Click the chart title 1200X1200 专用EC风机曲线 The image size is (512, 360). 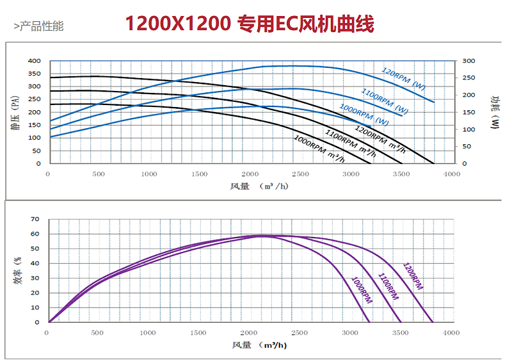pyautogui.click(x=250, y=24)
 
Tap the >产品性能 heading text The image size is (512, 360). pyautogui.click(x=38, y=26)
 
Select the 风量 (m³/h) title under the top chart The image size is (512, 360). pyautogui.click(x=259, y=186)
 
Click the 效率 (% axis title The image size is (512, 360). pyautogui.click(x=18, y=270)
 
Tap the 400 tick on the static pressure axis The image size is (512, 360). pyautogui.click(x=34, y=61)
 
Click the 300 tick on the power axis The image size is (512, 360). pyautogui.click(x=469, y=61)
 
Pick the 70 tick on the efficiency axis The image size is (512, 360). pyautogui.click(x=35, y=219)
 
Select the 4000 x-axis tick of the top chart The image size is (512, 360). pyautogui.click(x=452, y=174)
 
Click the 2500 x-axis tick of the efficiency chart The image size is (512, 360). pyautogui.click(x=300, y=333)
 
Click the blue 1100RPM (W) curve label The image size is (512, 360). pyautogui.click(x=385, y=101)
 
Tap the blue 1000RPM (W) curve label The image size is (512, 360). pyautogui.click(x=364, y=115)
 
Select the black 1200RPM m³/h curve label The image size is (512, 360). pyautogui.click(x=380, y=139)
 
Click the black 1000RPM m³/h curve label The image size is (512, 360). pyautogui.click(x=319, y=149)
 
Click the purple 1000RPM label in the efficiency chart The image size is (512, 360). pyautogui.click(x=362, y=290)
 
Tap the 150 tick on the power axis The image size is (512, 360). pyautogui.click(x=469, y=112)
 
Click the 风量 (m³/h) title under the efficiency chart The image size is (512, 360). pyautogui.click(x=259, y=345)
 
